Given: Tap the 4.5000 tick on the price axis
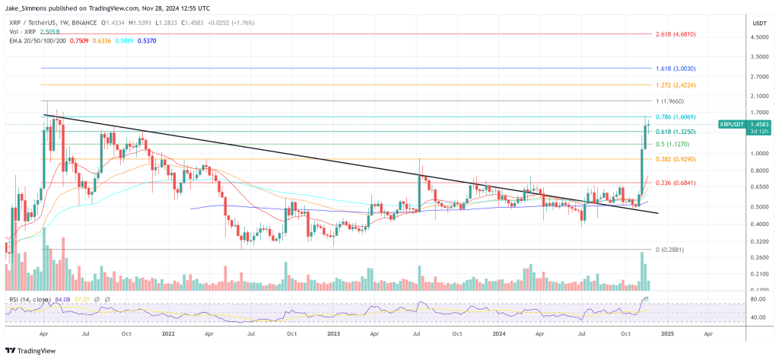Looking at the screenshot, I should [758, 37].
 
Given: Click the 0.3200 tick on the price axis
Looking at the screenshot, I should [758, 241].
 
